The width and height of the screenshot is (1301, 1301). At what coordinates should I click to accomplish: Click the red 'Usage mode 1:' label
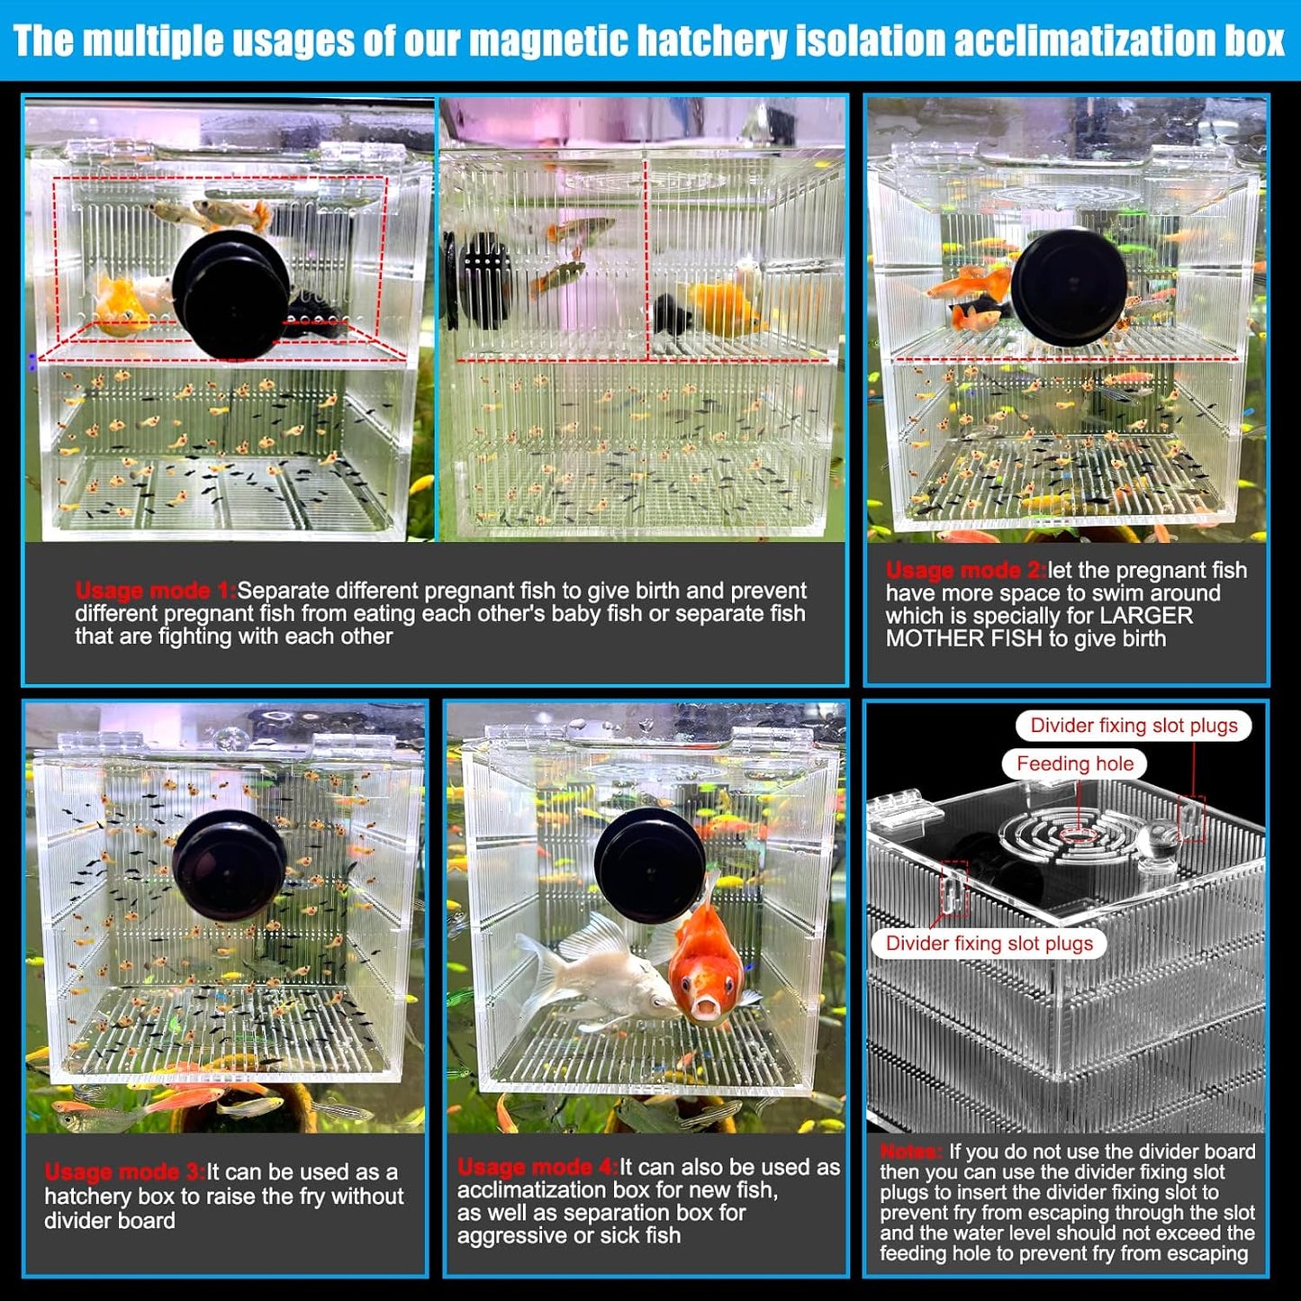[x=155, y=591]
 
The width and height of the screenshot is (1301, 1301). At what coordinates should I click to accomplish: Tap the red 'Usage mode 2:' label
[x=965, y=570]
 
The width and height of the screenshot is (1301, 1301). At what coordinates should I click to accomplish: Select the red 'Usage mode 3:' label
[x=125, y=1171]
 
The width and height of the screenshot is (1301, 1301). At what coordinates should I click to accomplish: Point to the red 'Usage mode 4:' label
[x=537, y=1167]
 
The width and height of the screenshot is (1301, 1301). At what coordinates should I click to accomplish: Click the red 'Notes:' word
[x=911, y=1152]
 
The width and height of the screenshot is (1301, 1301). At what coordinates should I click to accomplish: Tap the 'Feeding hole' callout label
[x=1074, y=763]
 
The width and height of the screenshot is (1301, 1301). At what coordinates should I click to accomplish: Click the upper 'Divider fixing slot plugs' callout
[x=1134, y=726]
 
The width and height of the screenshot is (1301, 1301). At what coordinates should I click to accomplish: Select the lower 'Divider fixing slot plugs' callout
[x=989, y=943]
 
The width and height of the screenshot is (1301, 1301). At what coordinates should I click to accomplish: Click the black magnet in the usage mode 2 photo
[x=1069, y=287]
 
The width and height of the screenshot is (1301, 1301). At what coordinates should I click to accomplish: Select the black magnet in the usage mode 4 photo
[x=649, y=864]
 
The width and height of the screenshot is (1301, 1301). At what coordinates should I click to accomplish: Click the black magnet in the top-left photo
[x=231, y=294]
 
